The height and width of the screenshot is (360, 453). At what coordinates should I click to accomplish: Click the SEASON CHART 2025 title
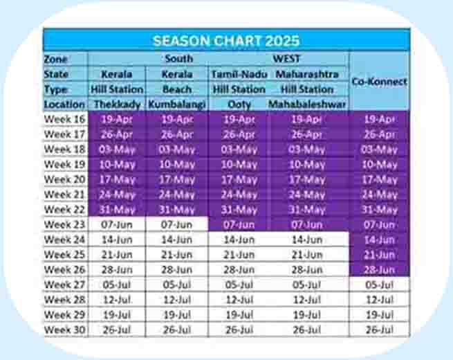click(x=226, y=41)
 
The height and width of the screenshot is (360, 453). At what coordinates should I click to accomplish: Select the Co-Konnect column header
click(x=379, y=82)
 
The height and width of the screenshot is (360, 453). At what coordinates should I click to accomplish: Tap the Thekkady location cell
click(x=117, y=105)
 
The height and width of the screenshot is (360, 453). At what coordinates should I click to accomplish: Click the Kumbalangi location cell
click(x=177, y=105)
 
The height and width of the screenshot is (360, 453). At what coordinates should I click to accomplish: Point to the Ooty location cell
click(x=239, y=105)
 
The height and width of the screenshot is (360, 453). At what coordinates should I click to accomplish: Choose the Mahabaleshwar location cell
click(x=307, y=105)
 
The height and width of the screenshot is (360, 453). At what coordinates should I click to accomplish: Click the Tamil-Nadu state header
click(x=239, y=74)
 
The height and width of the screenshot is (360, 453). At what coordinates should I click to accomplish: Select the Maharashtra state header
click(x=307, y=74)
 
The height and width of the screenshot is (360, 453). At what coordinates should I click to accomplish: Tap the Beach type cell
click(x=177, y=89)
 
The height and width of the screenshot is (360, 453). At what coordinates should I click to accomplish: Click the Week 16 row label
click(x=65, y=119)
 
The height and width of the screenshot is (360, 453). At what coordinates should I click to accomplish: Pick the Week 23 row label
click(x=65, y=224)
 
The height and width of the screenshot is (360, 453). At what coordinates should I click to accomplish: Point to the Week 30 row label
click(x=65, y=330)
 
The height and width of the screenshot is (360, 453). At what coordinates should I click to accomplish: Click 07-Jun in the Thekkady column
click(x=117, y=225)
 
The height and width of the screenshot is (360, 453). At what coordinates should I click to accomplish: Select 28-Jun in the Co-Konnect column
click(x=379, y=270)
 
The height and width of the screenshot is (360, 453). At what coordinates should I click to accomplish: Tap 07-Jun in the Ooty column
click(x=239, y=225)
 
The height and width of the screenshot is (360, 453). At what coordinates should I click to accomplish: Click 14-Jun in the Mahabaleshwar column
click(x=307, y=240)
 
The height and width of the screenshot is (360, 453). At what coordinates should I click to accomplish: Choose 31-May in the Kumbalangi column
click(x=177, y=209)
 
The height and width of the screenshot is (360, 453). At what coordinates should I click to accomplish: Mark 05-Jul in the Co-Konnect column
click(x=379, y=285)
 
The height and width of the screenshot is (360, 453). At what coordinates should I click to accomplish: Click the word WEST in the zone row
click(x=286, y=59)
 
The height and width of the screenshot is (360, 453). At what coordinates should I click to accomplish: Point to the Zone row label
click(x=56, y=60)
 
